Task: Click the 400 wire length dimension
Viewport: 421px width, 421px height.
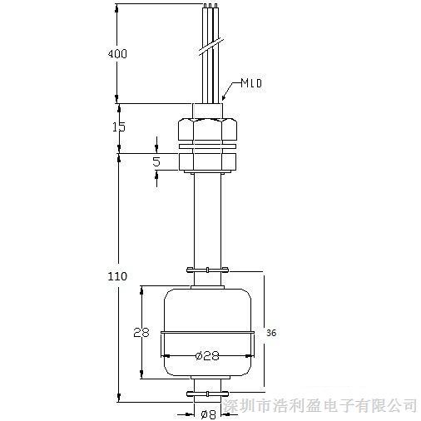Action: point(117,53)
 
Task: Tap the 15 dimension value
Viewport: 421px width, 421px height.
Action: point(119,126)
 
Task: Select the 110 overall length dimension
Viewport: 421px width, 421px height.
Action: point(117,276)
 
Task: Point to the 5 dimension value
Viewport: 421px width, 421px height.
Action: point(156,161)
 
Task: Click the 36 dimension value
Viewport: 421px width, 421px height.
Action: point(271,333)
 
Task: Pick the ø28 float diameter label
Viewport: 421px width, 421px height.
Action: point(207,355)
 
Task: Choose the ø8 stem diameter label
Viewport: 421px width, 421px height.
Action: point(208,414)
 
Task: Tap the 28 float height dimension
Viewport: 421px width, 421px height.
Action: point(141,332)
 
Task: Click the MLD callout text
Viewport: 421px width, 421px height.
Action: point(251,83)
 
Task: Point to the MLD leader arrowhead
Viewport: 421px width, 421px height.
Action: point(224,97)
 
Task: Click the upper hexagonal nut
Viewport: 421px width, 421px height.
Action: point(207,130)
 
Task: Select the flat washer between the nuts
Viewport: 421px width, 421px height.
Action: point(207,146)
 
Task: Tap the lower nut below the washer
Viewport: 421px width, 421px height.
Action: point(207,161)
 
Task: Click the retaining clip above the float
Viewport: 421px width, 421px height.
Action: point(207,270)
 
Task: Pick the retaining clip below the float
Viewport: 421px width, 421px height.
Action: point(207,394)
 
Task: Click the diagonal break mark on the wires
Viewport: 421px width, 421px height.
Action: point(211,45)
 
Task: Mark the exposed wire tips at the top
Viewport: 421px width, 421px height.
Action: point(210,6)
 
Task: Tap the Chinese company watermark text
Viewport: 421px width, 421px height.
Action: point(320,406)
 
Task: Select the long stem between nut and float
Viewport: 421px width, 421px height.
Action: point(207,220)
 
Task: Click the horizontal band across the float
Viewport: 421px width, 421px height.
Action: point(207,332)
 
